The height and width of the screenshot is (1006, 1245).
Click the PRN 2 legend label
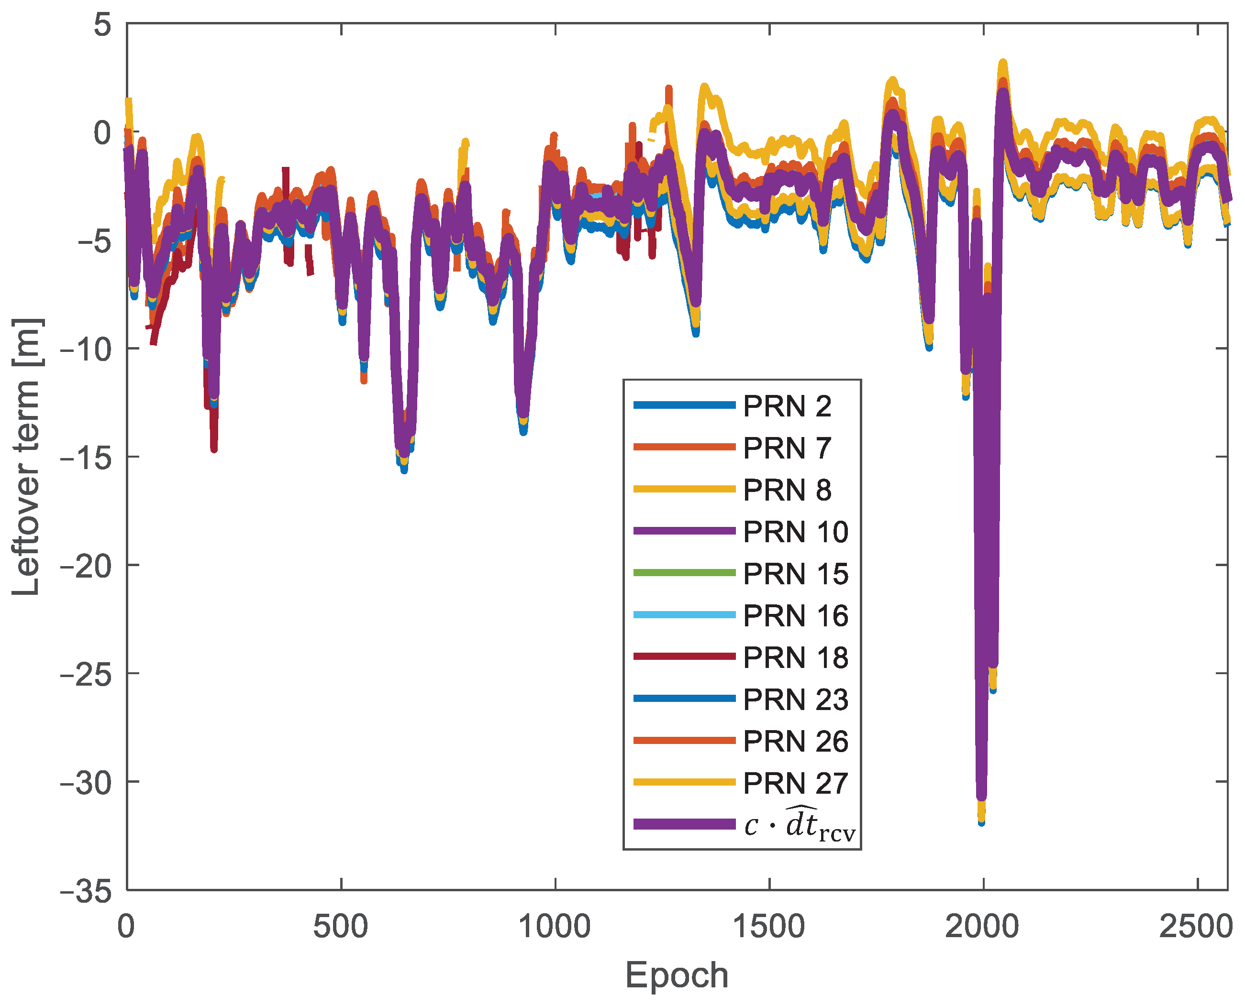click(787, 406)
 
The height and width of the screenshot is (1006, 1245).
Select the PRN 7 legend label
click(787, 448)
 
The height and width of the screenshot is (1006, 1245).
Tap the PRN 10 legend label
click(795, 531)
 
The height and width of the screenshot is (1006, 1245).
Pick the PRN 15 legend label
click(795, 574)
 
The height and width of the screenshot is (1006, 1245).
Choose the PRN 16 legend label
click(795, 615)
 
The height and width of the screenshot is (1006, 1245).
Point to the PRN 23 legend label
click(795, 700)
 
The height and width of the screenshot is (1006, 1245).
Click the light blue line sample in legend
click(684, 615)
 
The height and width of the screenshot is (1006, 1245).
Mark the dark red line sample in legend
click(684, 656)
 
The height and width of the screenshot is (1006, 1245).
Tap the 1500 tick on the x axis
click(769, 926)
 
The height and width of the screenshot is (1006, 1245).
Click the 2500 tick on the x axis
click(1196, 926)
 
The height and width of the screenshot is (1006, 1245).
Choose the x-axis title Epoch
click(677, 975)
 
